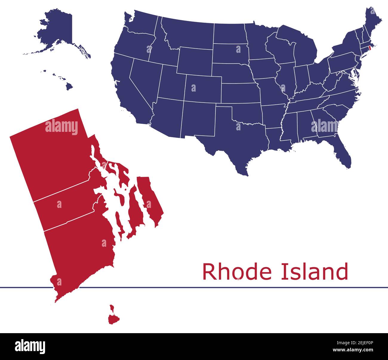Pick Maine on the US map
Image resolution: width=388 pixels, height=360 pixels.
[x=373, y=21]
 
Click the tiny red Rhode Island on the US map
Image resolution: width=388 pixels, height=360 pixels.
[x=370, y=47]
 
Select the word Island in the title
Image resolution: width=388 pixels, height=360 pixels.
[x=314, y=271]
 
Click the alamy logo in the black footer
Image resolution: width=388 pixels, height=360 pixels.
[x=30, y=346]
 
